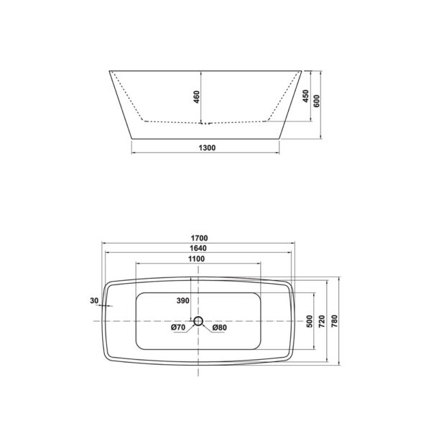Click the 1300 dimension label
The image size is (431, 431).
click(205, 147)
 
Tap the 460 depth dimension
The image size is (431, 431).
click(195, 97)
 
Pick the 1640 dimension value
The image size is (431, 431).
click(199, 249)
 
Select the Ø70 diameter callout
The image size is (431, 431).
click(180, 328)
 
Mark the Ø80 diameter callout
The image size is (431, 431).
click(219, 328)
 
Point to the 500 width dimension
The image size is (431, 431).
click(309, 320)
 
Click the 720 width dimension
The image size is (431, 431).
click(323, 320)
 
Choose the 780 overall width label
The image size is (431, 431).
click(335, 320)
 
